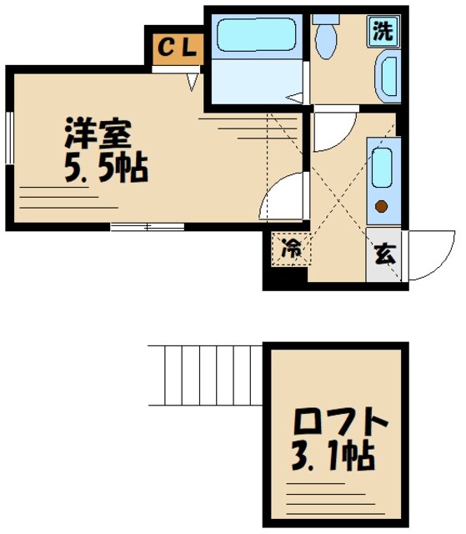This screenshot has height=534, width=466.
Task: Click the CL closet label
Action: tap(177, 48)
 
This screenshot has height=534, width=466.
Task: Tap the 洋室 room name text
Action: tap(99, 133)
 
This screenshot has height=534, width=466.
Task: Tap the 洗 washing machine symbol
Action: tap(383, 32)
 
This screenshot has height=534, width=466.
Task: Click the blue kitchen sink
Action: tap(382, 168)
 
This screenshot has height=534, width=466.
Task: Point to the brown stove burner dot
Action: tap(382, 206)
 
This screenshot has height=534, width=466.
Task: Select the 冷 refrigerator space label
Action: tap(290, 248)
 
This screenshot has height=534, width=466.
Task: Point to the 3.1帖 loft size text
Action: tap(333, 457)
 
